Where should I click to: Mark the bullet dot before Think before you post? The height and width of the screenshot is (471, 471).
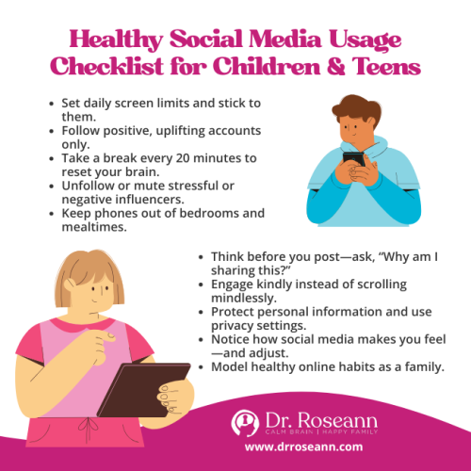point(201,254)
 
